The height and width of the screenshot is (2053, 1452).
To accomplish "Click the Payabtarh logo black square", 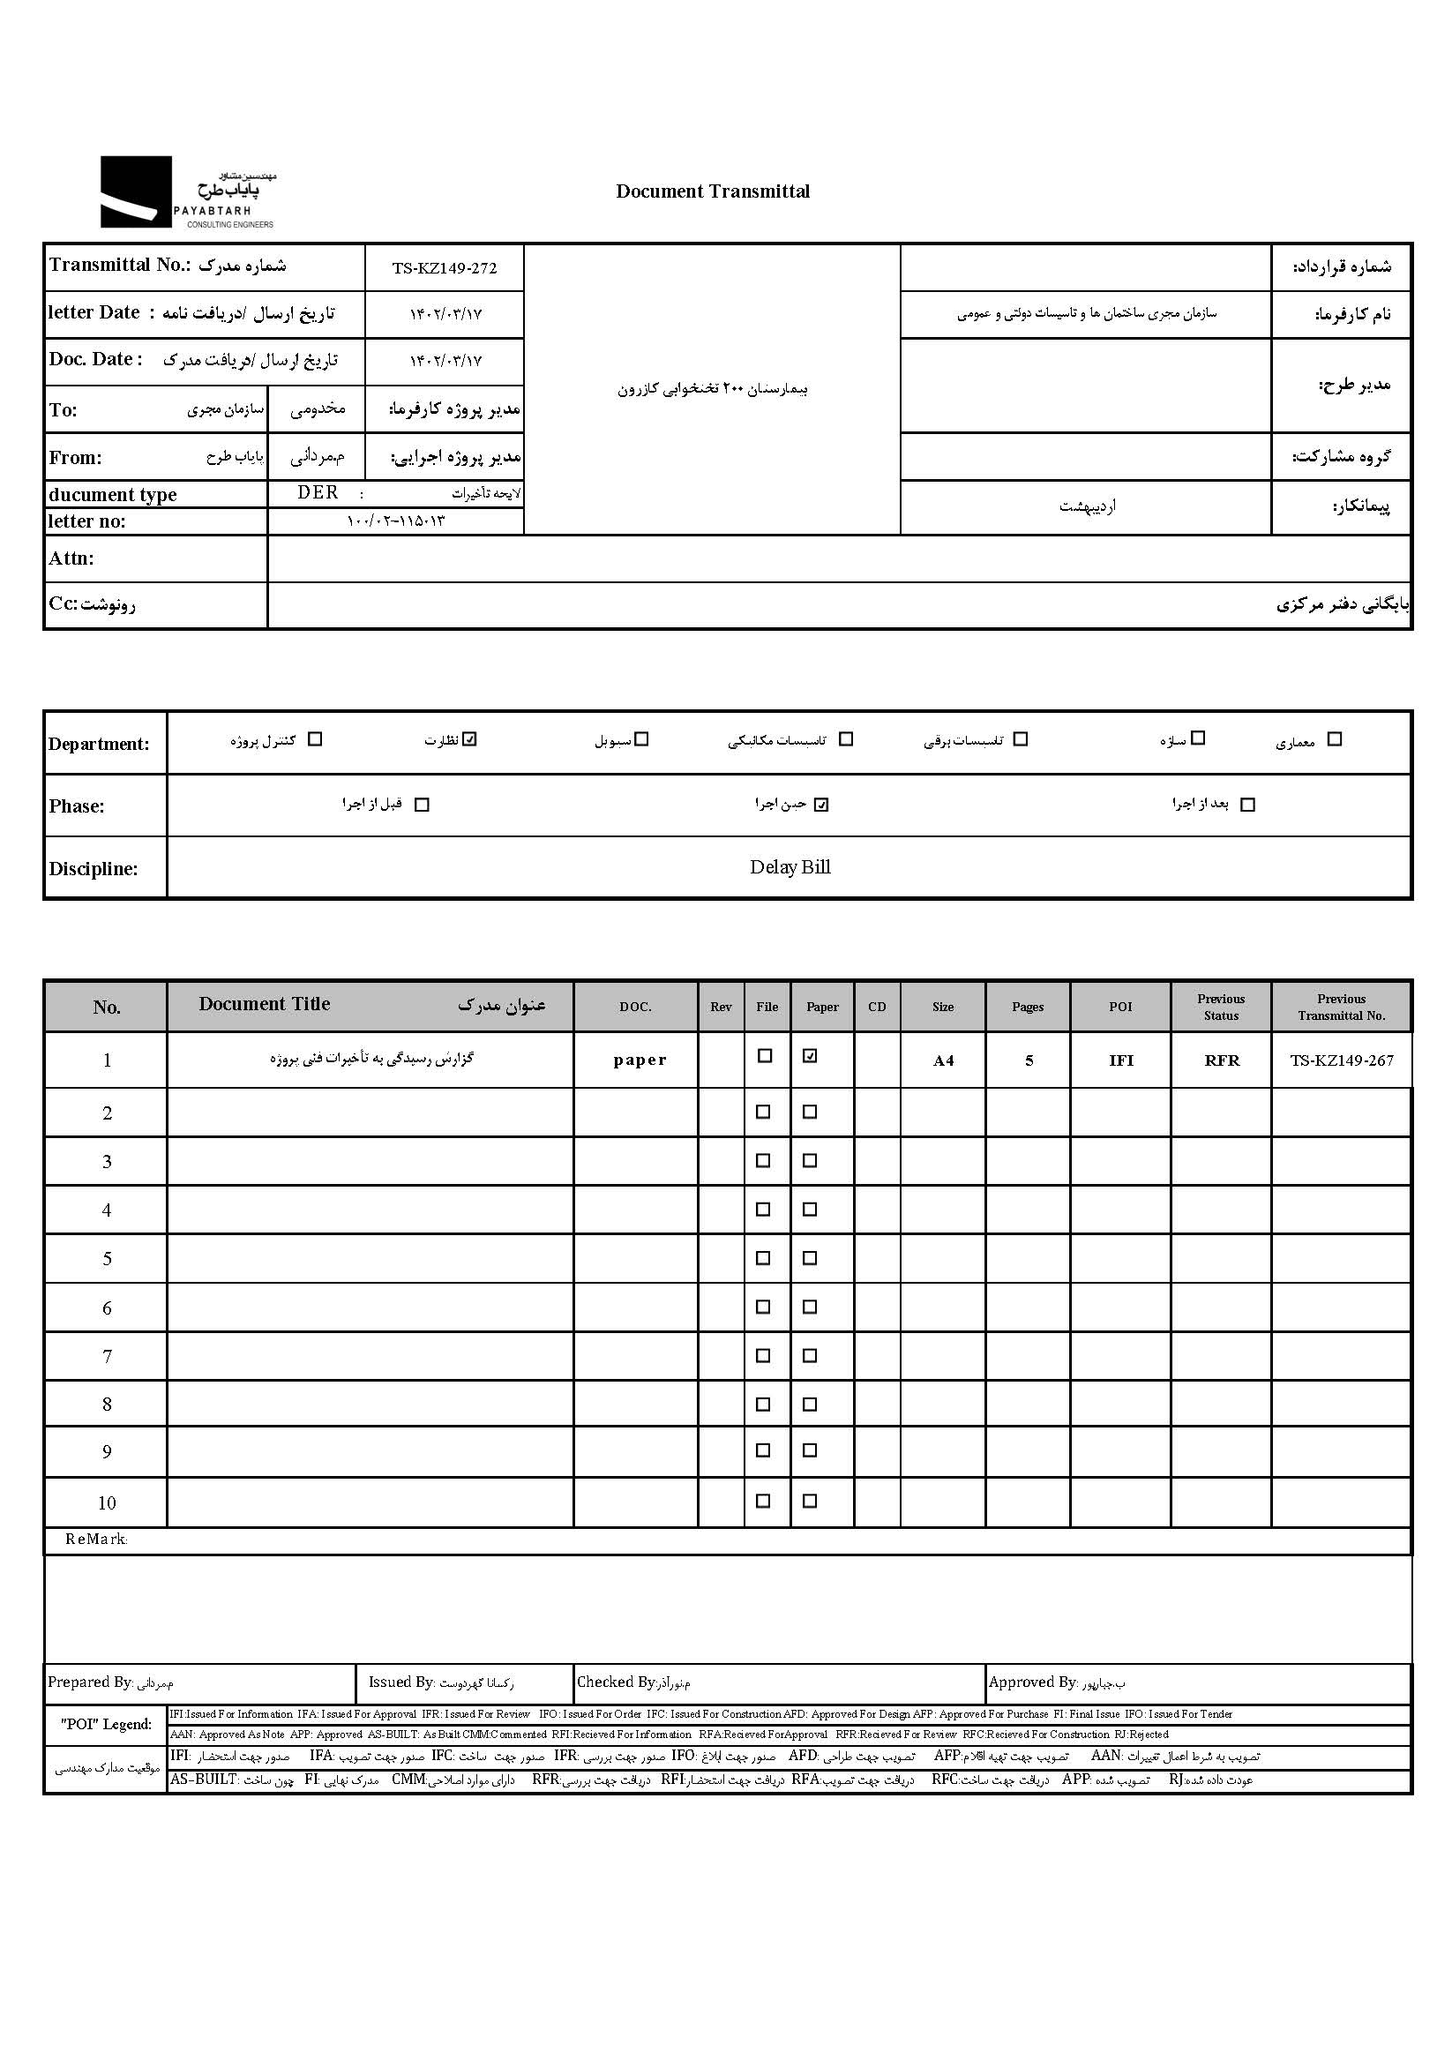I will pyautogui.click(x=135, y=191).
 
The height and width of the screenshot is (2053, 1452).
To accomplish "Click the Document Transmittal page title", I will pyautogui.click(x=713, y=191).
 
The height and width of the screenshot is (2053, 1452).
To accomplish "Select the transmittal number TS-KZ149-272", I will pyautogui.click(x=445, y=268).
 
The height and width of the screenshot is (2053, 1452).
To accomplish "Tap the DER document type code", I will pyautogui.click(x=318, y=492).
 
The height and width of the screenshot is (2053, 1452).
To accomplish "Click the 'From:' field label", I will pyautogui.click(x=75, y=458).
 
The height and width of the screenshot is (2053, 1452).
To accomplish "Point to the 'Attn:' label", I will pyautogui.click(x=71, y=558).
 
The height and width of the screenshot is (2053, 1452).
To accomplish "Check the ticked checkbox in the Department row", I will pyautogui.click(x=470, y=739).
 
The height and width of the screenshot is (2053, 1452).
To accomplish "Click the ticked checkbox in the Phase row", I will pyautogui.click(x=821, y=805).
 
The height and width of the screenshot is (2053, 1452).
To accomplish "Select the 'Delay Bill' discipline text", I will pyautogui.click(x=790, y=867).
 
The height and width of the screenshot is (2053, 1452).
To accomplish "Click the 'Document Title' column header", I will pyautogui.click(x=265, y=1004).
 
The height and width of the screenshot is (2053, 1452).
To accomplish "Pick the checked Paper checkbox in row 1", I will pyautogui.click(x=810, y=1056).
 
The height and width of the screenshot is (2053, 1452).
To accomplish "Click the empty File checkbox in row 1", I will pyautogui.click(x=765, y=1056).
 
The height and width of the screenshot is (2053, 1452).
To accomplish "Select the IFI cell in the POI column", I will pyautogui.click(x=1120, y=1060).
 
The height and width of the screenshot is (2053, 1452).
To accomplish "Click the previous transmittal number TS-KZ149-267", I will pyautogui.click(x=1341, y=1060).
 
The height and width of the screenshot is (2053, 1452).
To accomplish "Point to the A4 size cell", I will pyautogui.click(x=943, y=1060).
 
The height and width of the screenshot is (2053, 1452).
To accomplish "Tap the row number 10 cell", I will pyautogui.click(x=107, y=1503).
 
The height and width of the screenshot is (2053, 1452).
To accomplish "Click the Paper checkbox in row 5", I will pyautogui.click(x=810, y=1258).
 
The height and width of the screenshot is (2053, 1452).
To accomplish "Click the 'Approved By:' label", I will pyautogui.click(x=1033, y=1682).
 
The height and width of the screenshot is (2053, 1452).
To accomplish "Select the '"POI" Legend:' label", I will pyautogui.click(x=106, y=1724).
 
